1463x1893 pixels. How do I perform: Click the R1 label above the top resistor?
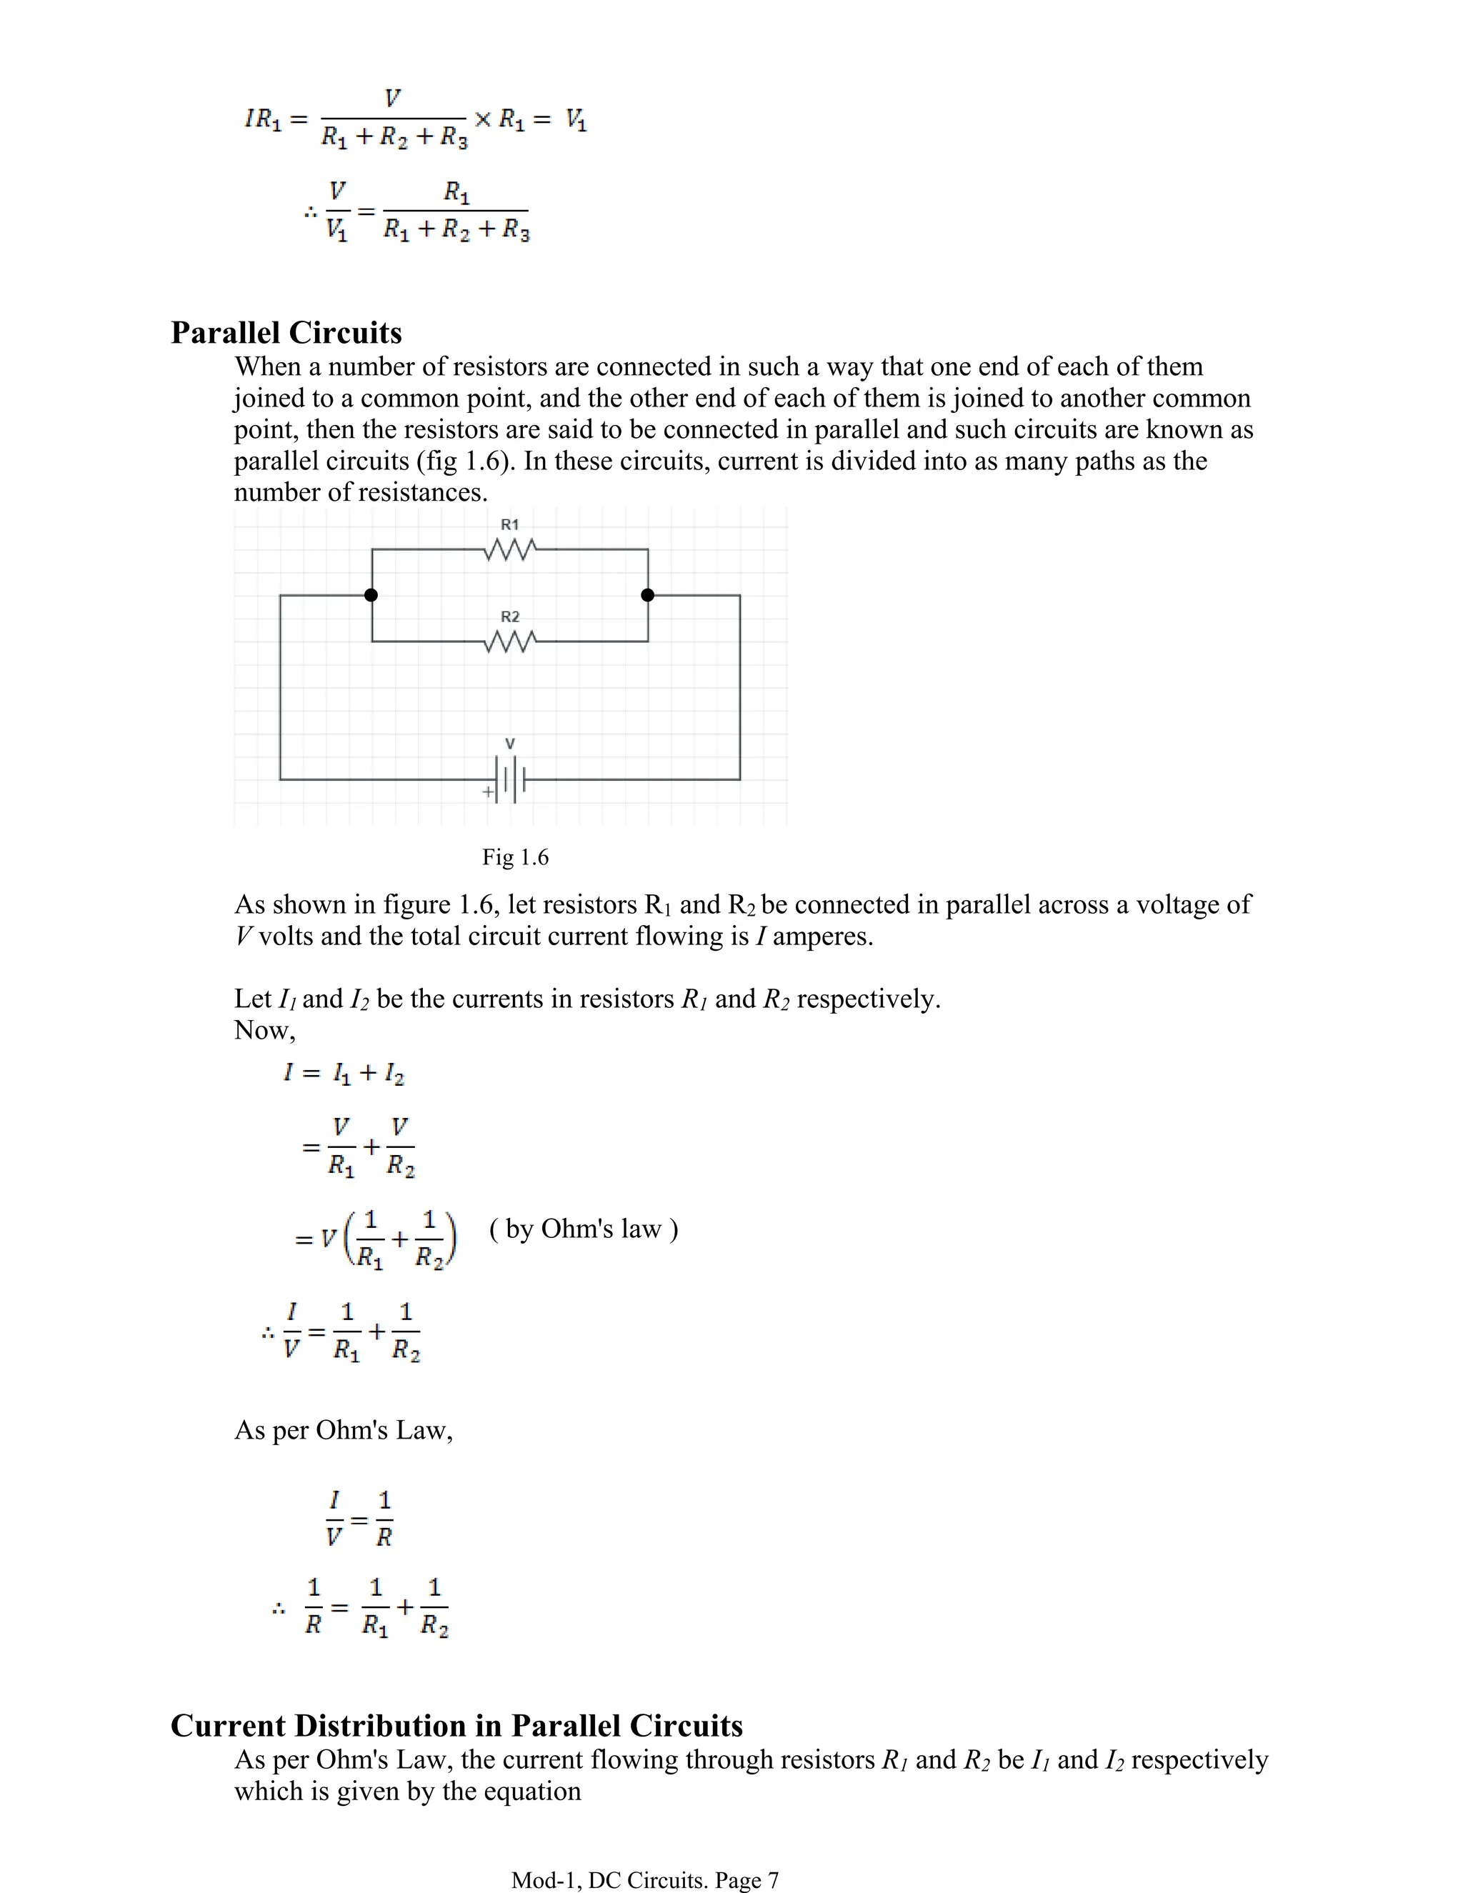click(x=509, y=524)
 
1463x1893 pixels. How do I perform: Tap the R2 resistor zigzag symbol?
click(x=511, y=641)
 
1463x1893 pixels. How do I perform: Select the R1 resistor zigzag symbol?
click(x=511, y=549)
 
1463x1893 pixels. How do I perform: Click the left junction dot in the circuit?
click(x=371, y=594)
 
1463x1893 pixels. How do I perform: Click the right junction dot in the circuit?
click(x=647, y=594)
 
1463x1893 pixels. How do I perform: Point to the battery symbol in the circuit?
click(x=511, y=779)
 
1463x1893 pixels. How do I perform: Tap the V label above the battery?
click(x=509, y=744)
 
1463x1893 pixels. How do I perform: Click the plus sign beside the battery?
click(x=488, y=791)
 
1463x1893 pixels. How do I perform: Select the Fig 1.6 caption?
click(x=515, y=857)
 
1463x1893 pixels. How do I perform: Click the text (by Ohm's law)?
click(x=584, y=1229)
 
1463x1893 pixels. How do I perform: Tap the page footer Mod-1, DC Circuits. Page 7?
click(x=645, y=1880)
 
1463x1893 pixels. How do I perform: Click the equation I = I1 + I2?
click(x=343, y=1074)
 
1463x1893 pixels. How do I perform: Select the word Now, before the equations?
click(x=264, y=1031)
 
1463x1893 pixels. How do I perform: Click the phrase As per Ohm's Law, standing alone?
click(x=343, y=1429)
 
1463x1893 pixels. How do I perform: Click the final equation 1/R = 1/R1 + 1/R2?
click(x=374, y=1609)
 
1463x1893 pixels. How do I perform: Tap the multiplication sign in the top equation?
click(x=483, y=119)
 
